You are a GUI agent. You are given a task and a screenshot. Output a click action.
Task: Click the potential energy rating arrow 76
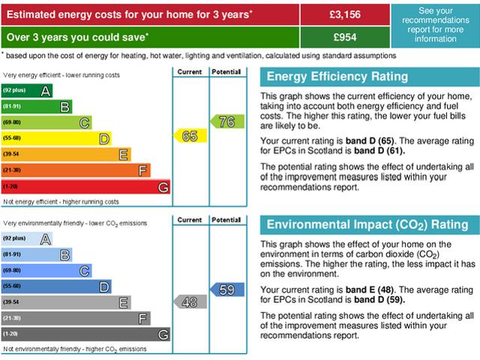pyautogui.click(x=226, y=121)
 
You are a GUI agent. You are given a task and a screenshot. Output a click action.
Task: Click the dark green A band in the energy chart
pyautogui.click(x=28, y=91)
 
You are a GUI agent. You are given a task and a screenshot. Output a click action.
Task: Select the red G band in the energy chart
pyautogui.click(x=86, y=187)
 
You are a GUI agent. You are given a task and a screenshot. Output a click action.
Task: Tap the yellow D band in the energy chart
pyautogui.click(x=57, y=138)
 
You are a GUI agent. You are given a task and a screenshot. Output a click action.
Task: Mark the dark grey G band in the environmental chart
pyautogui.click(x=86, y=334)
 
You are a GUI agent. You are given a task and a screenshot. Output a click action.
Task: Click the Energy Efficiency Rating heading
pyautogui.click(x=337, y=76)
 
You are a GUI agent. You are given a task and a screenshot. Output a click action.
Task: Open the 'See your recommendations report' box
pyautogui.click(x=436, y=25)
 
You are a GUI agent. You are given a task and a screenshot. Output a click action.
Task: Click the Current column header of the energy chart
pyautogui.click(x=190, y=72)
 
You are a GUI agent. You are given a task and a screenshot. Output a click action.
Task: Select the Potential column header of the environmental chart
pyautogui.click(x=226, y=220)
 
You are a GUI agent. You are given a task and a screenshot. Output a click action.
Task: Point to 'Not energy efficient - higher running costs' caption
pyautogui.click(x=61, y=202)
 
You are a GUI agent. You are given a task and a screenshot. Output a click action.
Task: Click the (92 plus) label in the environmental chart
pyautogui.click(x=14, y=238)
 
